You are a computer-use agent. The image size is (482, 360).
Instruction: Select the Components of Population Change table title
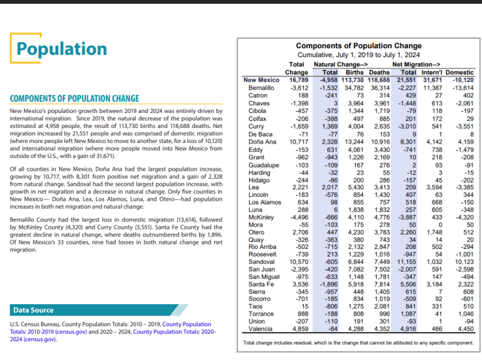pyautogui.click(x=359, y=46)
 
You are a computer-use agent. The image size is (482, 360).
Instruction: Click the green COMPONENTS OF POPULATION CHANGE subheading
pyautogui.click(x=74, y=98)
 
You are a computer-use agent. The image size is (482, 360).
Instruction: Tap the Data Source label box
pyautogui.click(x=34, y=310)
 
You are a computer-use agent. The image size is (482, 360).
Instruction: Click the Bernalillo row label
pyautogui.click(x=262, y=88)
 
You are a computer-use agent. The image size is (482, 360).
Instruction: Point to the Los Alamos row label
pyautogui.click(x=265, y=203)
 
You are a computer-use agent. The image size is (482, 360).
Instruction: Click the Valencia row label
pyautogui.click(x=261, y=328)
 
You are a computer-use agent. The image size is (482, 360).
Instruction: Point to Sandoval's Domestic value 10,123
pyautogui.click(x=461, y=262)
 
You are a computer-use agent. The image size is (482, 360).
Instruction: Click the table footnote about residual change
pyautogui.click(x=358, y=343)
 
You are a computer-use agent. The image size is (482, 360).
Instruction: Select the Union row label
pyautogui.click(x=258, y=320)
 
